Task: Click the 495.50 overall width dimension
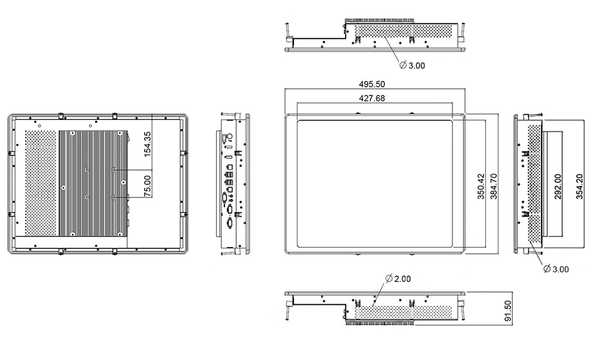click(373, 85)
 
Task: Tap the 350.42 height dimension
click(481, 187)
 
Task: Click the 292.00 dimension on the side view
click(558, 187)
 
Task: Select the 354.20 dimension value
click(580, 187)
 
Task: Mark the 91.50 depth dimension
click(508, 311)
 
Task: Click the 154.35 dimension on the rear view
click(148, 145)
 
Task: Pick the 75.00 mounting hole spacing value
click(148, 184)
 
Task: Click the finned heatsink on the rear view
click(93, 183)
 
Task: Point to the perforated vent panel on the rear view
click(40, 183)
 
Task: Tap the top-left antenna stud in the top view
click(289, 31)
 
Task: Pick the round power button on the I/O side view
click(230, 137)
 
